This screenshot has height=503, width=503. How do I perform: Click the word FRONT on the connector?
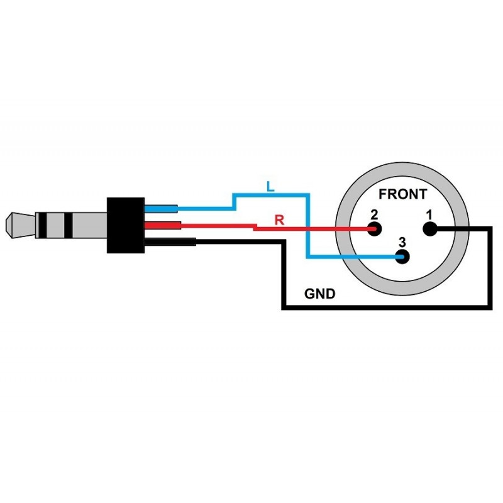402,194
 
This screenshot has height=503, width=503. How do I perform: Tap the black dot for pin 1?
431,229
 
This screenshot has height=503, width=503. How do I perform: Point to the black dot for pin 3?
402,257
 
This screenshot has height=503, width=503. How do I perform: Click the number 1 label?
429,215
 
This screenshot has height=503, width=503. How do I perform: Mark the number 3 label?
402,242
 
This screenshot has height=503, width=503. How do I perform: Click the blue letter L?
270,186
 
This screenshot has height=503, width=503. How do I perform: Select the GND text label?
319,293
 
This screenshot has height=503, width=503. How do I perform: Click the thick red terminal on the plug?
162,226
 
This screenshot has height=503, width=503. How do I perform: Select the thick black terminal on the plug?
170,241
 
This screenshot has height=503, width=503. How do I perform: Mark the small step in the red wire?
254,228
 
